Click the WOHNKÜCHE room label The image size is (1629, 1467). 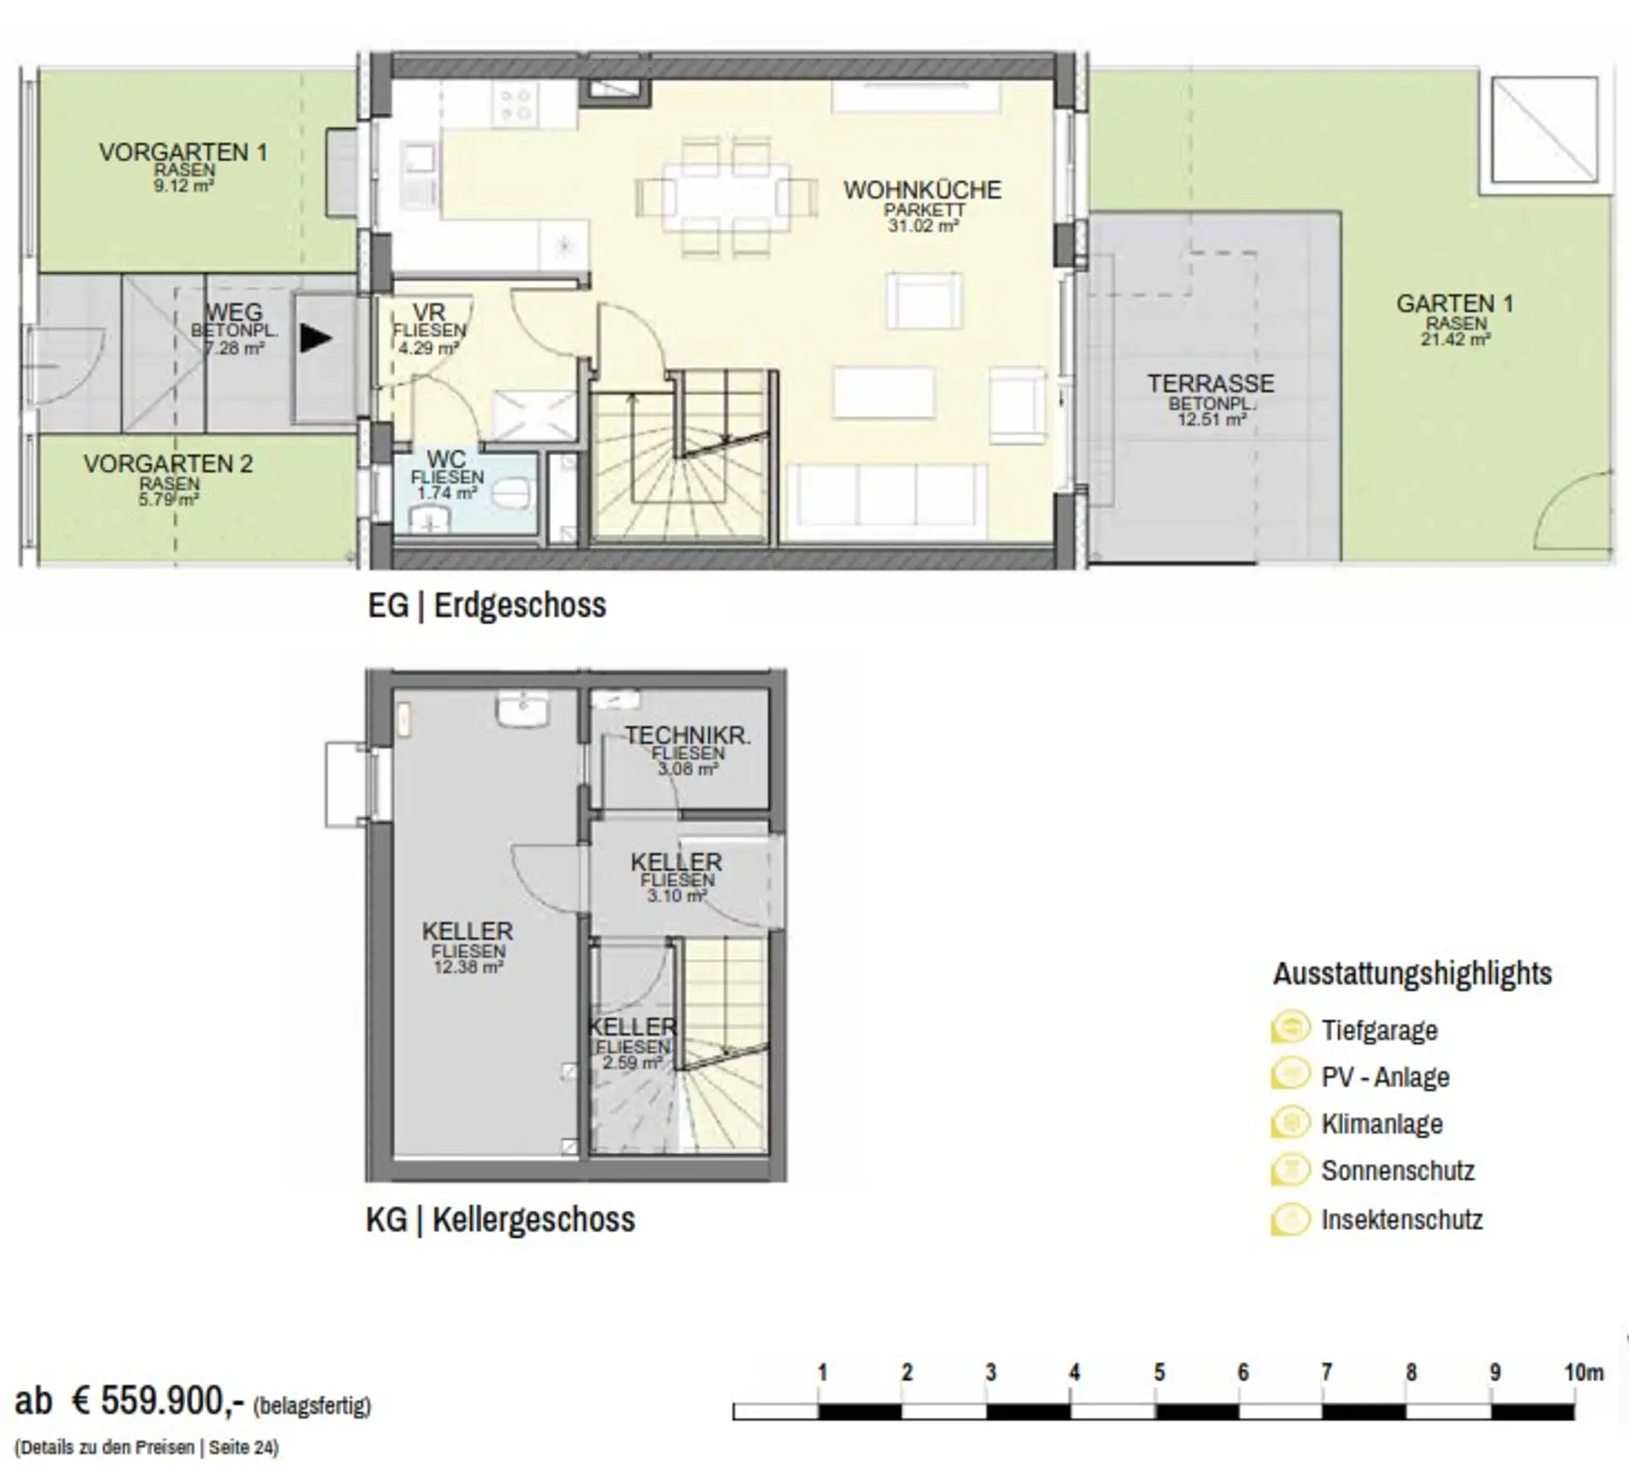point(922,189)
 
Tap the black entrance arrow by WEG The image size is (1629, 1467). point(316,339)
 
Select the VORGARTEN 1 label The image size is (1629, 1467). point(183,152)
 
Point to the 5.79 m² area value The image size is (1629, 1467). point(169,500)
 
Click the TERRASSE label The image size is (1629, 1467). point(1211,384)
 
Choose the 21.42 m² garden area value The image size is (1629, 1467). point(1456,339)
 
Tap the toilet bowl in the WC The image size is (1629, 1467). point(512,493)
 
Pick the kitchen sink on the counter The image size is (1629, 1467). point(419,176)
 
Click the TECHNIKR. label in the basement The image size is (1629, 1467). point(688,736)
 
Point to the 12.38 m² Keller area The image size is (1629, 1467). point(468,967)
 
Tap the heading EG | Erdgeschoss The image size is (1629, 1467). point(487,606)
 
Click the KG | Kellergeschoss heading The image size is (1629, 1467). point(501,1219)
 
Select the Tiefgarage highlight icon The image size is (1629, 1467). point(1290,1028)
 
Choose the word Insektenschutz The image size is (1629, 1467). point(1402,1219)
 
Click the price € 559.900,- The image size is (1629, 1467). point(159,1399)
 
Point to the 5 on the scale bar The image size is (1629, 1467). point(1159,1373)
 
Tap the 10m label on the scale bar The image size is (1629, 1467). point(1583,1373)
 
